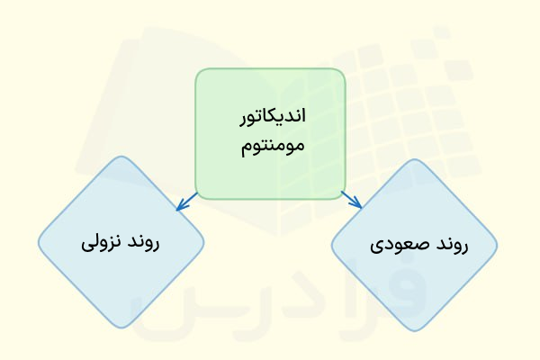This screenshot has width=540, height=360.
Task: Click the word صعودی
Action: coord(394,244)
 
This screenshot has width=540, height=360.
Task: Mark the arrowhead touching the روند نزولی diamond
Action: coord(180,207)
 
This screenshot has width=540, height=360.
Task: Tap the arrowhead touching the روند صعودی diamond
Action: coord(357,205)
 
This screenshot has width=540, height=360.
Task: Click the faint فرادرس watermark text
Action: coord(270,306)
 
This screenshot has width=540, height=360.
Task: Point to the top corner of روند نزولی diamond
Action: coord(121,158)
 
